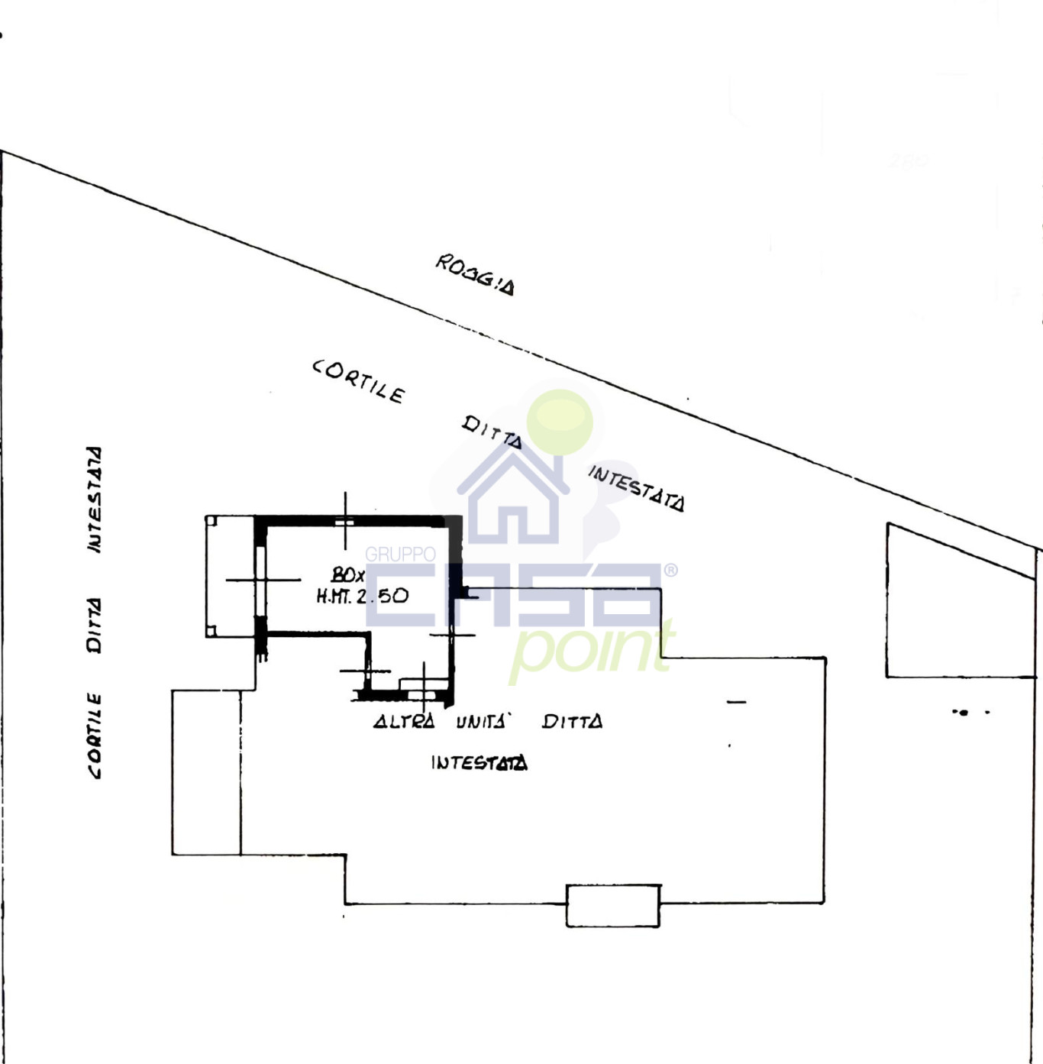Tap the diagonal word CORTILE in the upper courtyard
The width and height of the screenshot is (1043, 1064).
[x=358, y=381]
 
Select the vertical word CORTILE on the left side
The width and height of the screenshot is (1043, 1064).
[x=94, y=736]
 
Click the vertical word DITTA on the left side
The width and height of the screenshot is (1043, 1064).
[x=94, y=625]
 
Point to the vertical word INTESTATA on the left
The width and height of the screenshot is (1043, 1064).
[x=94, y=500]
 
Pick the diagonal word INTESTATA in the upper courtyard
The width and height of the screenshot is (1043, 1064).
[x=636, y=488]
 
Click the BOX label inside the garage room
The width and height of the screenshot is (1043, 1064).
[x=347, y=574]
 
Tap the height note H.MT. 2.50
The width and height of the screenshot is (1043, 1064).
[x=362, y=596]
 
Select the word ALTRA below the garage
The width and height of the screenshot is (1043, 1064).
[x=404, y=721]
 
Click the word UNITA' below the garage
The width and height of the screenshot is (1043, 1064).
[x=482, y=721]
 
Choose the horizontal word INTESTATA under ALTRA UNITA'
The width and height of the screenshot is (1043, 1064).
[x=479, y=762]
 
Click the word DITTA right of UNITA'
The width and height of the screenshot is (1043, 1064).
[x=572, y=721]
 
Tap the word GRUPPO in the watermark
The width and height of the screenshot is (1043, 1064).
[x=400, y=554]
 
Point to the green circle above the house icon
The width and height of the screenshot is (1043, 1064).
[x=560, y=421]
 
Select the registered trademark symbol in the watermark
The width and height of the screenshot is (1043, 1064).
[x=670, y=570]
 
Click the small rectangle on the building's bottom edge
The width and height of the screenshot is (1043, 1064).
[x=612, y=906]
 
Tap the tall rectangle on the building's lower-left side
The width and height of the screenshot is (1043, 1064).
[x=206, y=772]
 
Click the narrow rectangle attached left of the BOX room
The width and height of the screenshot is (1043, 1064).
[x=230, y=576]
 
